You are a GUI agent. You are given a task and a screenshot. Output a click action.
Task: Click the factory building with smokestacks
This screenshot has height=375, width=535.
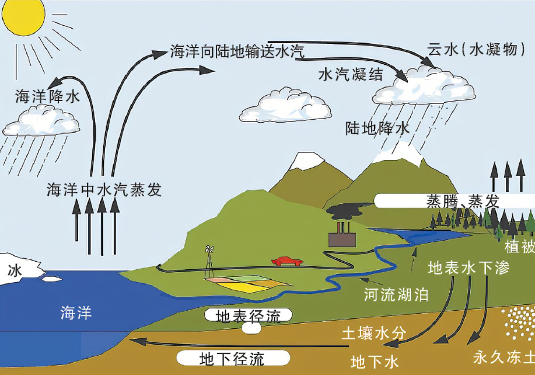tap(342, 236)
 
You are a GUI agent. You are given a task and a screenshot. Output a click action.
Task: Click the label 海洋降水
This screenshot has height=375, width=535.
tap(47, 97)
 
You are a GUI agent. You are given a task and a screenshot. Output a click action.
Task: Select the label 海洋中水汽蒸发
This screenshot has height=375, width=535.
tap(104, 190)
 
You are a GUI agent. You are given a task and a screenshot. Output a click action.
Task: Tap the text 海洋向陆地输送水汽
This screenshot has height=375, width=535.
tap(237, 51)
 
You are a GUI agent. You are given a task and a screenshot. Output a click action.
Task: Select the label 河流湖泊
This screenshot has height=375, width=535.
tap(396, 293)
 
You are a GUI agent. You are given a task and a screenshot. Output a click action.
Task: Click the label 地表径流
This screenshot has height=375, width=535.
tap(248, 316)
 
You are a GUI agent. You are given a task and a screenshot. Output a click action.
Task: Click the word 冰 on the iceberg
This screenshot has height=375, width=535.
tap(15, 270)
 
